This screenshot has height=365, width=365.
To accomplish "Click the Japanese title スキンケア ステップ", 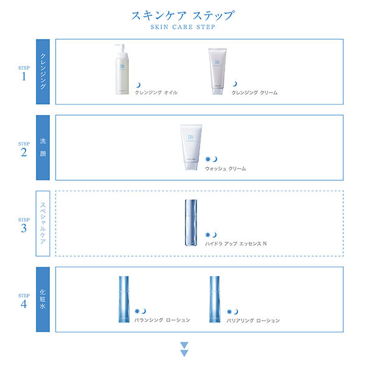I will tap(182, 15).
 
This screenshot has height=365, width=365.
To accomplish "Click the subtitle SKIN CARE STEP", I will tap(182, 27).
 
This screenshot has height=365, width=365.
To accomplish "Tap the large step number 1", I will tap(24, 77).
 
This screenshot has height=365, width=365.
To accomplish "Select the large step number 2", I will tap(24, 153).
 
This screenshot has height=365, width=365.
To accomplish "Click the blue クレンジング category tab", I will tap(43, 72).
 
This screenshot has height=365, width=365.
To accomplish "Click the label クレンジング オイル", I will tap(156, 93).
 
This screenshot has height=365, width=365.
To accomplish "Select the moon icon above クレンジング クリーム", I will tap(235, 85).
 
